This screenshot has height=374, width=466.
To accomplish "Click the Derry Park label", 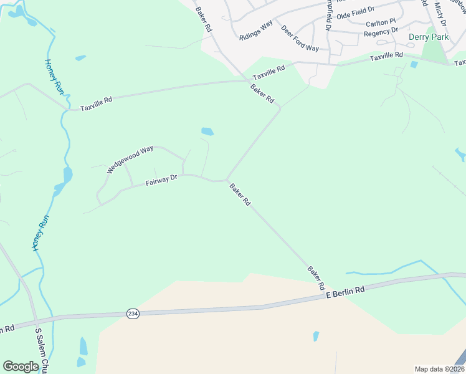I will [428, 37].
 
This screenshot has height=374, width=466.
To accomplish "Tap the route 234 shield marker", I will [132, 313].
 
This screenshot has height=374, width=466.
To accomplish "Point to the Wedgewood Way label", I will [130, 159].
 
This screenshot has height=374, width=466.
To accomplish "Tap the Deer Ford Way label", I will [300, 39].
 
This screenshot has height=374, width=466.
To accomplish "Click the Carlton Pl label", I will [381, 22].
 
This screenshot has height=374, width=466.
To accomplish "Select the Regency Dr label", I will [381, 31].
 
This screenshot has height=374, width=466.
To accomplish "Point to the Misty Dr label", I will [441, 14].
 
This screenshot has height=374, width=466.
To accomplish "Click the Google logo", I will [21, 366].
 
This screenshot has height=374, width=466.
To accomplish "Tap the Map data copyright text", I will [439, 369].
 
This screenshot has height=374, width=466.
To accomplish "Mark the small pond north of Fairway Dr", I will [207, 132].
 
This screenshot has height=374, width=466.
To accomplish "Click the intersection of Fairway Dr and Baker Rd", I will [226, 180].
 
